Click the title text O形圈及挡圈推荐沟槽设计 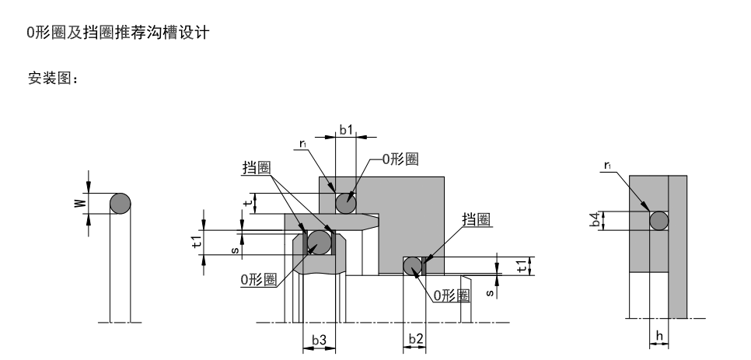click(x=117, y=36)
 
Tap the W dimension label click(x=78, y=204)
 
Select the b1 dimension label click(x=346, y=130)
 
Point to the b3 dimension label click(x=319, y=340)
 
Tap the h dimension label click(x=659, y=337)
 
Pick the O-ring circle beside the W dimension click(x=120, y=204)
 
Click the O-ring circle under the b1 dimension click(x=346, y=203)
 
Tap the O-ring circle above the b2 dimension click(x=412, y=266)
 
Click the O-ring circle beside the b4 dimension click(x=658, y=221)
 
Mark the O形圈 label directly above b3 click(x=258, y=279)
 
